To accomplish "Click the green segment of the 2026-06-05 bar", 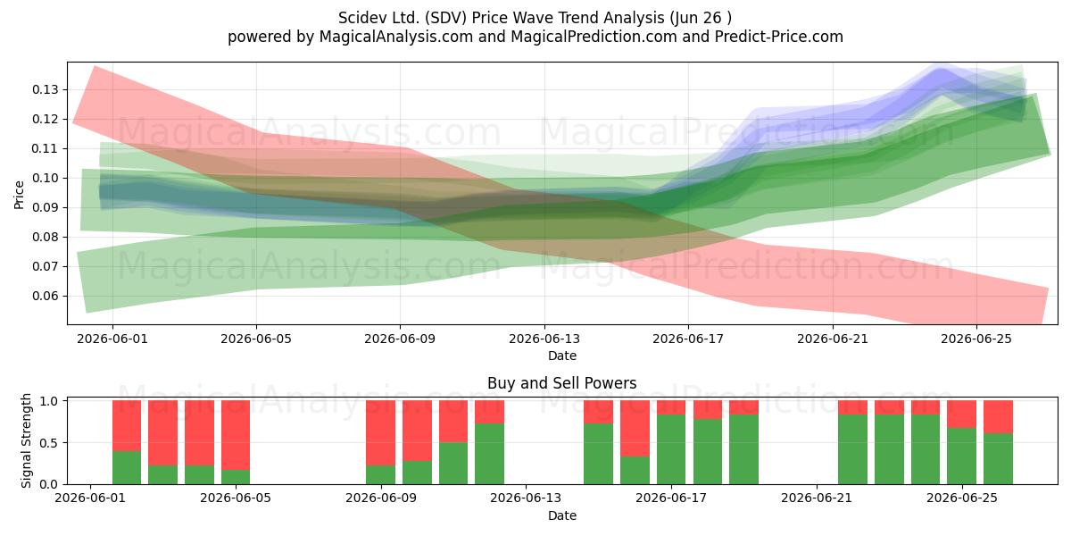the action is [x=236, y=477].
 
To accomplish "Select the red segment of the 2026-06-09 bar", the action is [x=380, y=432].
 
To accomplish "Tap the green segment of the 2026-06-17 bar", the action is [x=671, y=449].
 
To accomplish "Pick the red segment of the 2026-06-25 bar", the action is [x=961, y=414].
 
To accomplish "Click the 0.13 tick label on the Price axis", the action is [x=45, y=89].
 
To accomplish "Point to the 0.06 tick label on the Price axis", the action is [x=45, y=296].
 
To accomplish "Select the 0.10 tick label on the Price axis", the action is [x=45, y=178].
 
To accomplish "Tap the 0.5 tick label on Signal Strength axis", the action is [x=49, y=443].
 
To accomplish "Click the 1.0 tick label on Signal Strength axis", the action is [x=49, y=401].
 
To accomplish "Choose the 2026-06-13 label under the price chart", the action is [x=544, y=339].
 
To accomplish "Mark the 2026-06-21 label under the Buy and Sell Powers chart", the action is [x=817, y=498].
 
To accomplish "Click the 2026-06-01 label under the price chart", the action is [x=112, y=339].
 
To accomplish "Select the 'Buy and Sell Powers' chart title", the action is [x=561, y=383].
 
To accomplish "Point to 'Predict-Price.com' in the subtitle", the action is [x=779, y=37].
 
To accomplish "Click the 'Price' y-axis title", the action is [x=19, y=195].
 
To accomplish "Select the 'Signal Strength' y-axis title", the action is [x=26, y=440].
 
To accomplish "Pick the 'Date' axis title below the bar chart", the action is [x=561, y=515].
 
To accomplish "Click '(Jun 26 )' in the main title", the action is [x=701, y=18].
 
